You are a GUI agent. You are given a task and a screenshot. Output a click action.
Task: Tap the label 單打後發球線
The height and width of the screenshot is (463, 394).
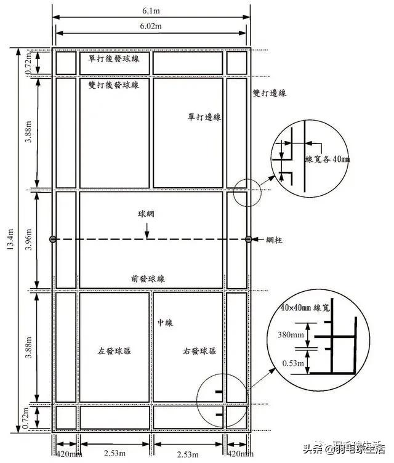click(x=114, y=57)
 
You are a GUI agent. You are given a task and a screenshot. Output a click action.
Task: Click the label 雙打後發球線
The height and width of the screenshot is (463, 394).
click(x=114, y=84)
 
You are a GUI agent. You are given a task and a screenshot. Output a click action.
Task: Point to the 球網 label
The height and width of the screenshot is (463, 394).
click(x=147, y=216)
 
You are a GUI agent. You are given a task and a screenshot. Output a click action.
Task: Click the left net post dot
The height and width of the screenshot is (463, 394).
click(x=52, y=239)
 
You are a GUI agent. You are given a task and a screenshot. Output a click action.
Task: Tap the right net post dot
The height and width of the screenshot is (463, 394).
click(x=248, y=239)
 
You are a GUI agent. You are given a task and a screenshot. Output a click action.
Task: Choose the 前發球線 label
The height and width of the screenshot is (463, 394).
click(x=147, y=278)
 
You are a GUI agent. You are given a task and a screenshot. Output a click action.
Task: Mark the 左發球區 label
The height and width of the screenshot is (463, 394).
click(x=115, y=352)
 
